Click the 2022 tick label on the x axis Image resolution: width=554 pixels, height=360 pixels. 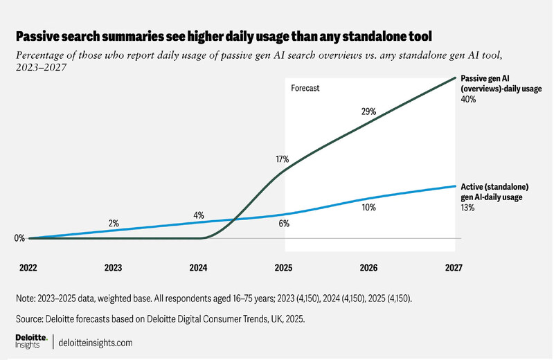pos(28,267)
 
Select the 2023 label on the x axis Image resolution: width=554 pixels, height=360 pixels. pos(114,267)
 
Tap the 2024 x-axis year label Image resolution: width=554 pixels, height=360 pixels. pos(199,267)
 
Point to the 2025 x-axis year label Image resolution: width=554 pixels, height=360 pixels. pos(283,267)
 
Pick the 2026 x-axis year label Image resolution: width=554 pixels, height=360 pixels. pos(368,267)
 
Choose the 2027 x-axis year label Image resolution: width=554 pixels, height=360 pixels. pos(453,267)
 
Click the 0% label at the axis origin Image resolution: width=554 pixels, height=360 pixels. pos(19,238)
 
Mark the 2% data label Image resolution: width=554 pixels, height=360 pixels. pos(114,223)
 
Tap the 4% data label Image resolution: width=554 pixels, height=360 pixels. pos(199,215)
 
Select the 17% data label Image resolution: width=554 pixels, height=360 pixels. pos(282,159)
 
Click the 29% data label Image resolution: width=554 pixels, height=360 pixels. pos(368,111)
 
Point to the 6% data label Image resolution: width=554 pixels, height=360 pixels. pos(284,224)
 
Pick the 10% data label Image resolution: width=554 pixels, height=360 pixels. pos(368,206)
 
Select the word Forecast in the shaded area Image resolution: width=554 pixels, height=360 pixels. pos(305,89)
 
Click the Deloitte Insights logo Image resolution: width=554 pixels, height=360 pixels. pos(31,342)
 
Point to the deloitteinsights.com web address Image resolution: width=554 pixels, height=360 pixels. pos(96,343)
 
